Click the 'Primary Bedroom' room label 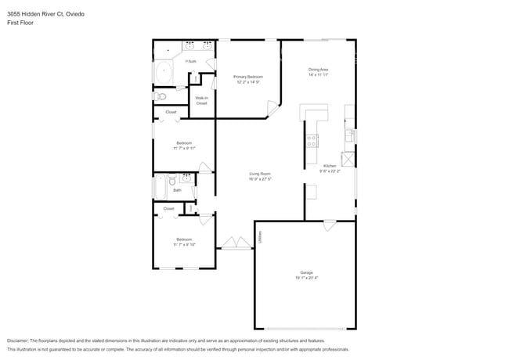(x=247, y=76)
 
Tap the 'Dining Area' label (x=318, y=70)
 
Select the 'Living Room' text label (x=260, y=173)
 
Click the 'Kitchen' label (x=330, y=166)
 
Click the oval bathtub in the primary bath (x=164, y=73)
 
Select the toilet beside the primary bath (x=161, y=96)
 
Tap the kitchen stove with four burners (x=312, y=141)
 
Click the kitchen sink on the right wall (x=350, y=135)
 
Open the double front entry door (x=231, y=243)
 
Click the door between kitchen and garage (x=330, y=225)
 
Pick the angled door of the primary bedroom (x=273, y=108)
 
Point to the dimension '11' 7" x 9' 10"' (x=184, y=245)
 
